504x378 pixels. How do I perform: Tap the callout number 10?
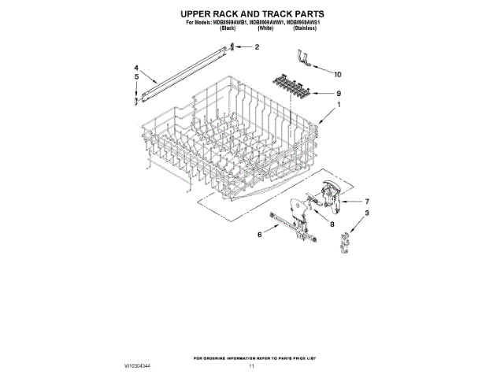click(x=339, y=74)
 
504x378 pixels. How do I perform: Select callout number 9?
click(x=339, y=93)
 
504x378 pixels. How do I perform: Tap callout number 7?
click(x=366, y=200)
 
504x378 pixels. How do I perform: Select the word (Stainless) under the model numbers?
click(x=307, y=28)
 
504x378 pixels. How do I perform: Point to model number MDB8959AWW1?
click(x=260, y=22)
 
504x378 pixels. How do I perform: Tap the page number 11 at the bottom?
click(x=252, y=366)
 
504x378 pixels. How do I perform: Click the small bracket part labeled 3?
click(x=343, y=241)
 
